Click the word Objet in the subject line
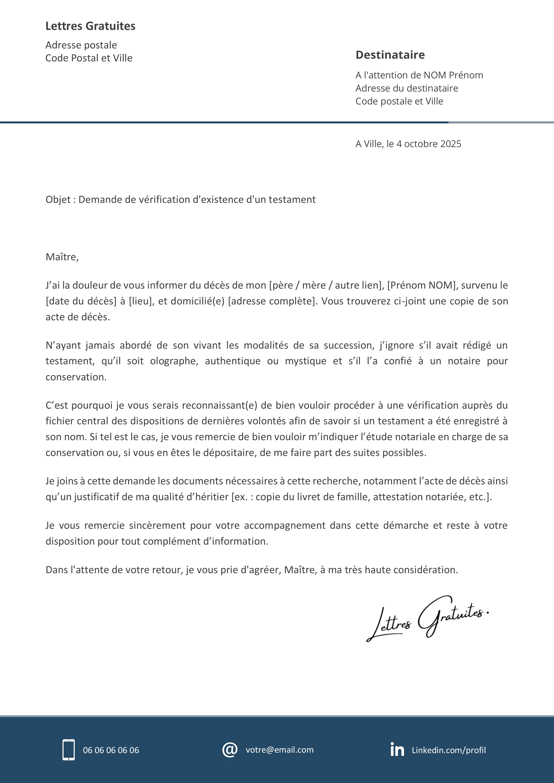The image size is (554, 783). point(58,200)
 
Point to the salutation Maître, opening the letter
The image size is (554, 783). point(62,257)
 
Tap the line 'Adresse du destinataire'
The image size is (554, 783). point(407,88)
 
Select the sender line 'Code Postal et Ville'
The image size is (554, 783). point(89,58)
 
